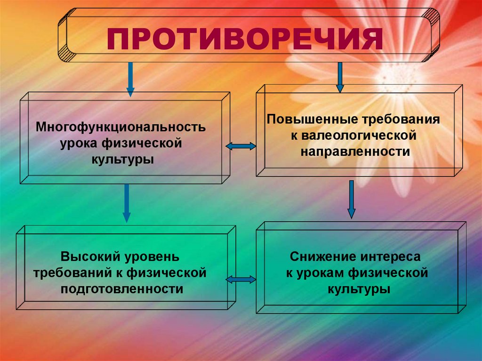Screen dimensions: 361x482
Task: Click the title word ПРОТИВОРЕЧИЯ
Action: [x=244, y=40]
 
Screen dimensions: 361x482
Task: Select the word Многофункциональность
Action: [x=122, y=128]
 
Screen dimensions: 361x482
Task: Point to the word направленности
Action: [x=354, y=152]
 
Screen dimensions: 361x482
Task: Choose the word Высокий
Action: [x=90, y=257]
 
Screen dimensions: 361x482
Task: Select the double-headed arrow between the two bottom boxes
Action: [x=241, y=280]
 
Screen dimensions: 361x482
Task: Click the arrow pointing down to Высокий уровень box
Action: [x=126, y=203]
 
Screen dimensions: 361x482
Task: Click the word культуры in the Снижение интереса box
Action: [x=359, y=289]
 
